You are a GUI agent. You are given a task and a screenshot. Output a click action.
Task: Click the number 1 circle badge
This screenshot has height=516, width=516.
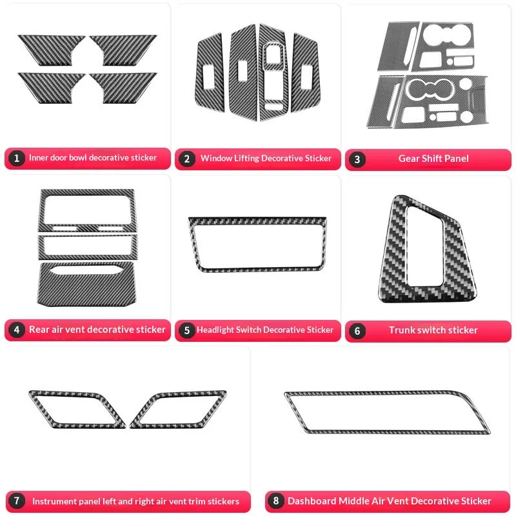16,158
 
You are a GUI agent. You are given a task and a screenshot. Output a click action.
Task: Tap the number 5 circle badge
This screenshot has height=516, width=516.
186,330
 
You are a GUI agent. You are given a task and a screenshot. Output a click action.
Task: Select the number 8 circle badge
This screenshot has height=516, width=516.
275,501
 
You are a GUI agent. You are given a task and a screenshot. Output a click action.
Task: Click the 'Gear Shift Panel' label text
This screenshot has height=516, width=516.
433,159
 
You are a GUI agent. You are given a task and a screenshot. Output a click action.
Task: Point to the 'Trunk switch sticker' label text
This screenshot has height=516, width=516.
433,330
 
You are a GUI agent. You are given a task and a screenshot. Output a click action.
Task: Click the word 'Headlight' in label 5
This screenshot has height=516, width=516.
215,330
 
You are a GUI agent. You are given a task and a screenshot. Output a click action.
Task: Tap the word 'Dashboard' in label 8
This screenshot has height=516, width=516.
312,501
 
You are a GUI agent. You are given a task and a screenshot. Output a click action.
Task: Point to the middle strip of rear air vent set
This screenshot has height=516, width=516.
87,246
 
